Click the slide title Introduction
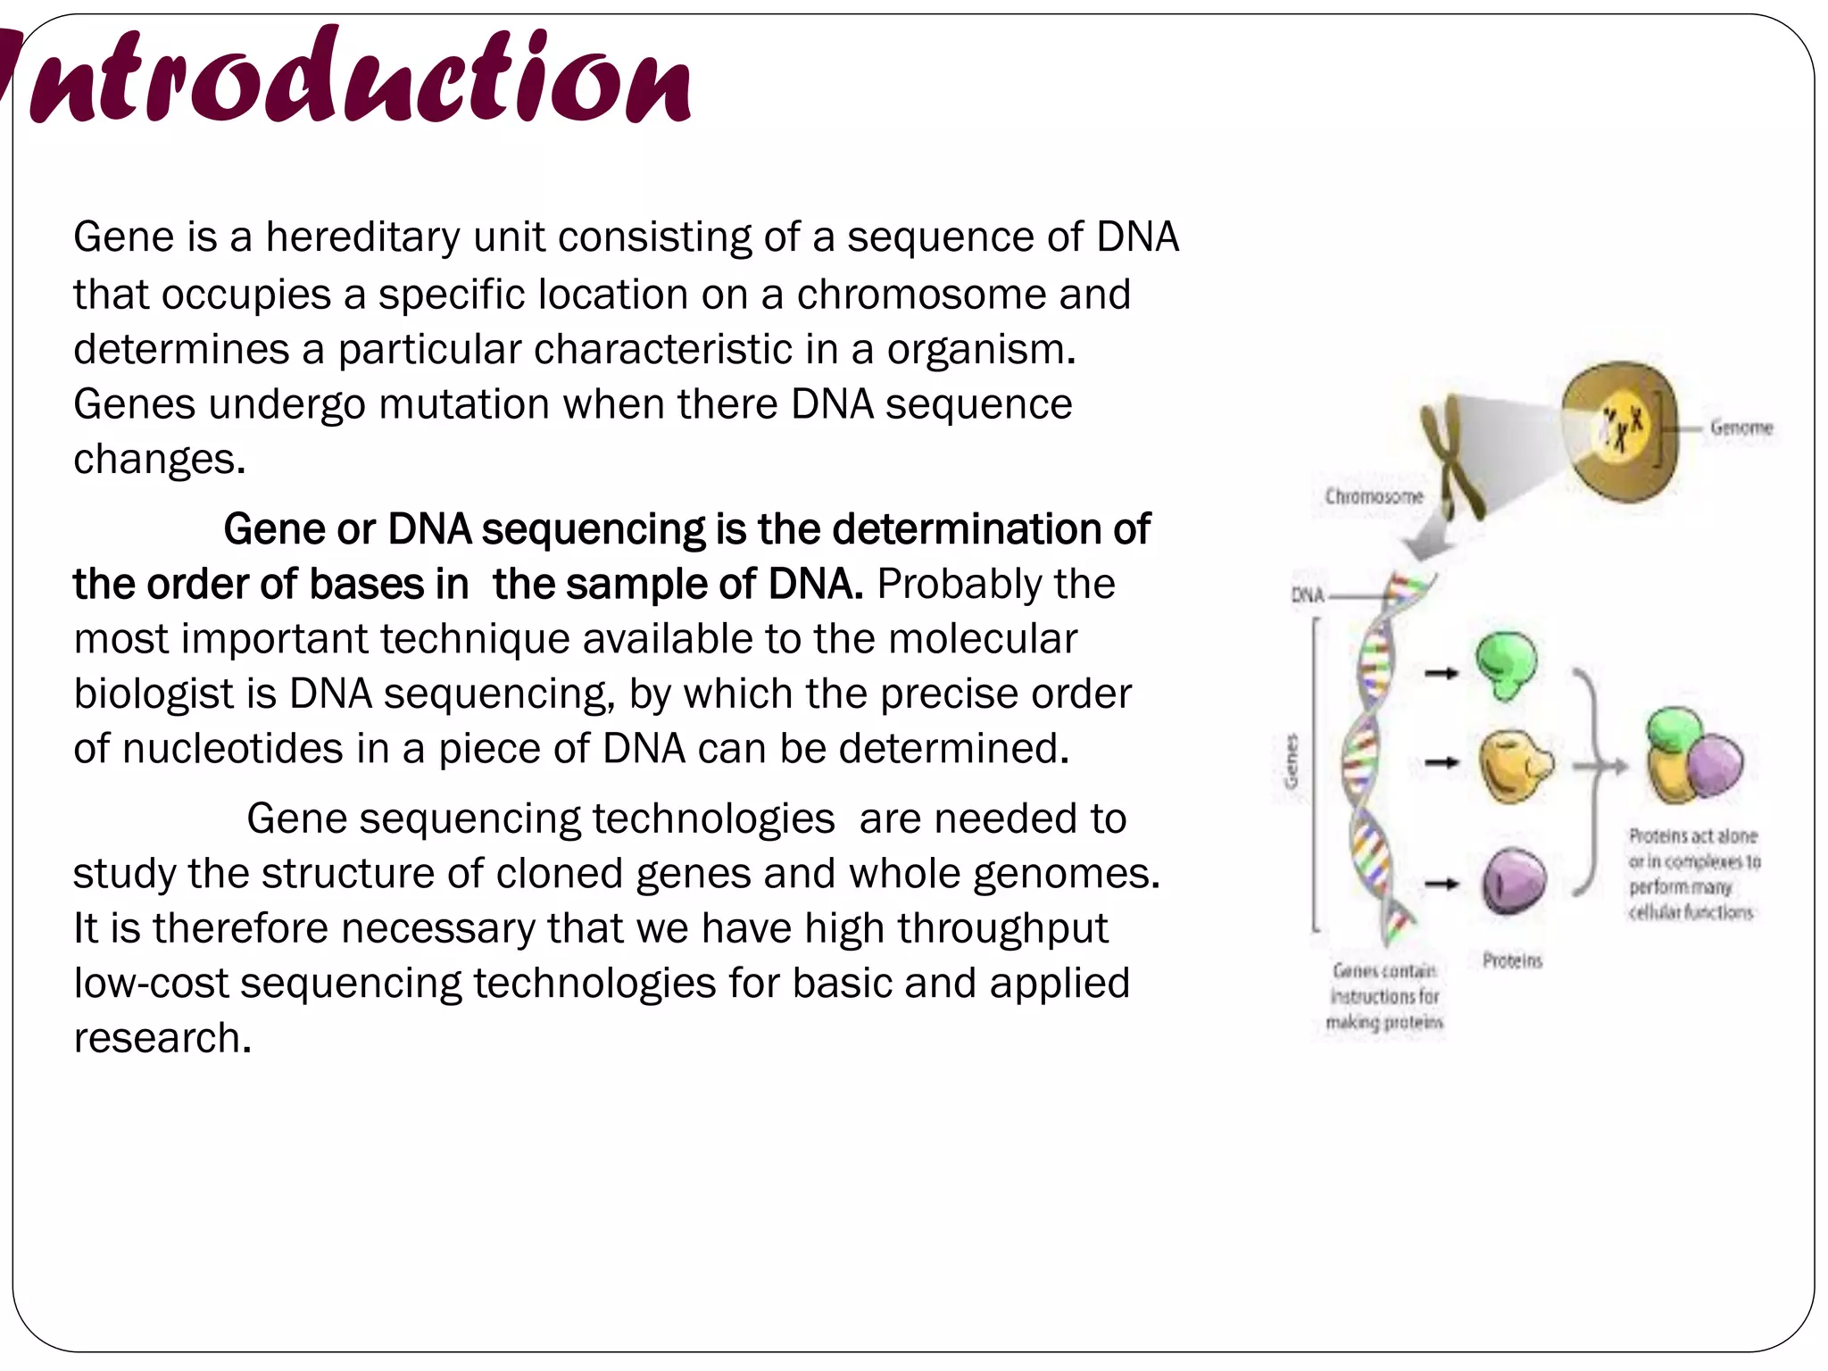[357, 79]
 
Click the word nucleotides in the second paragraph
[232, 749]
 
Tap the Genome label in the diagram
[1741, 428]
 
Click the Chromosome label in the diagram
[1373, 496]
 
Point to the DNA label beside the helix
[1307, 594]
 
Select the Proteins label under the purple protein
[1512, 960]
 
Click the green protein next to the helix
[1506, 665]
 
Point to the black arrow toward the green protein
[1440, 673]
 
